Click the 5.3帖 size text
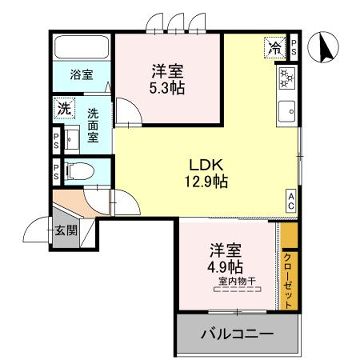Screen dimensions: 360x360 [x=166, y=89]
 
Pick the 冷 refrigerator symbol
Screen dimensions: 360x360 [x=273, y=47]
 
